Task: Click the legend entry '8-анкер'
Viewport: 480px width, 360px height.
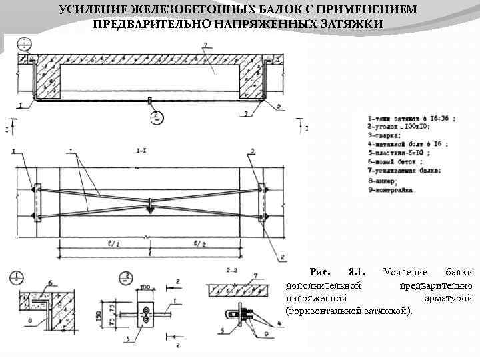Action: click(381, 180)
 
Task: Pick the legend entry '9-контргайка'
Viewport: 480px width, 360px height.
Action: click(390, 189)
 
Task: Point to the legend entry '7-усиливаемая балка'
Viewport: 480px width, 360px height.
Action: click(404, 171)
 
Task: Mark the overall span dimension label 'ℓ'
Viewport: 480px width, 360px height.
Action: click(151, 254)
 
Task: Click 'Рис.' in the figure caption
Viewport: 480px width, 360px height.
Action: click(321, 272)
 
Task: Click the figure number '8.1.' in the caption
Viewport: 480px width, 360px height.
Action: click(356, 272)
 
